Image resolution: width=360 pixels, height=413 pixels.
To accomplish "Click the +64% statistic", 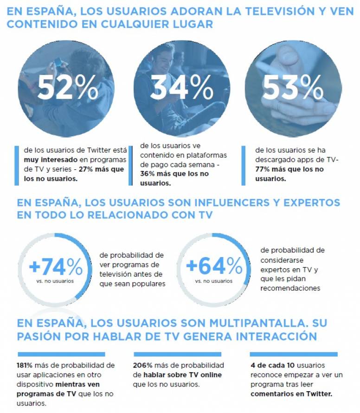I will pyautogui.click(x=214, y=266).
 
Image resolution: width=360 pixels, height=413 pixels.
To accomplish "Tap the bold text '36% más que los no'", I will pyautogui.click(x=174, y=174).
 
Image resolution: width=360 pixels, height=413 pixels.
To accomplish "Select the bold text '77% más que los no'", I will pyautogui.click(x=289, y=169).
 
